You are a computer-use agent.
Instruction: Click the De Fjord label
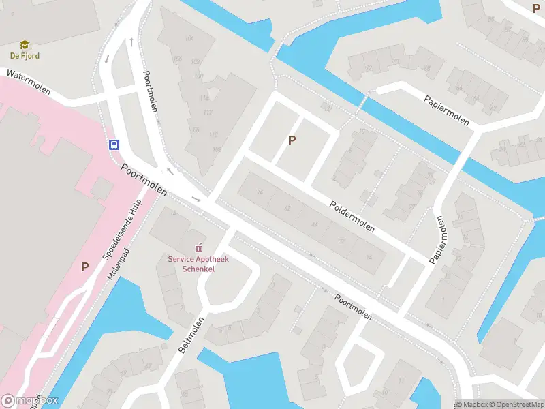pyautogui.click(x=25, y=56)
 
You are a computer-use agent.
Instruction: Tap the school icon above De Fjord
pyautogui.click(x=25, y=45)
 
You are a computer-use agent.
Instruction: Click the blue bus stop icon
pyautogui.click(x=114, y=145)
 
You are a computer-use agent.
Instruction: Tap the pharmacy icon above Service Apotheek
pyautogui.click(x=199, y=248)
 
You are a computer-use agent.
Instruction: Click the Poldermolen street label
pyautogui.click(x=352, y=216)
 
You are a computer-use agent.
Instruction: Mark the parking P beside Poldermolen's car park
pyautogui.click(x=292, y=140)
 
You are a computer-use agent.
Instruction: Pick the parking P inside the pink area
pyautogui.click(x=85, y=267)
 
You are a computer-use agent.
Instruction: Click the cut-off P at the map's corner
pyautogui.click(x=536, y=7)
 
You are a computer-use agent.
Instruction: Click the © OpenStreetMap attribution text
pyautogui.click(x=515, y=404)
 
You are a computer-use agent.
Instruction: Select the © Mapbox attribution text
pyautogui.click(x=471, y=404)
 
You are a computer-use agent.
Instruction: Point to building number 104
pyautogui.click(x=189, y=37)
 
